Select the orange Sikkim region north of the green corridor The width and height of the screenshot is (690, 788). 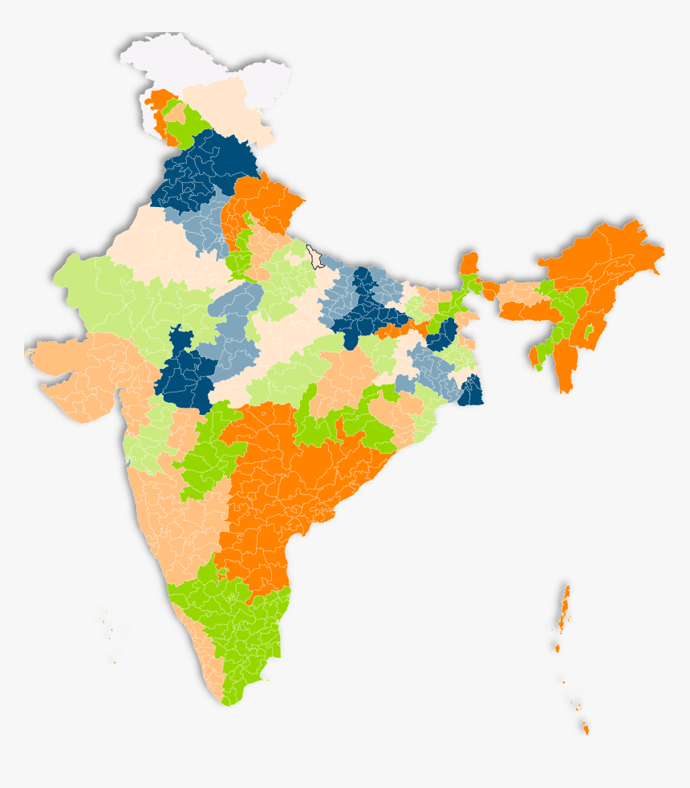coord(469,263)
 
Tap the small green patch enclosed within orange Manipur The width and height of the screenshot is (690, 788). coord(588,331)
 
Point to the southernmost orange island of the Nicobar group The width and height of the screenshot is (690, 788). coord(585,729)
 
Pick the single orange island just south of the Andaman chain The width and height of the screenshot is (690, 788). coord(557,647)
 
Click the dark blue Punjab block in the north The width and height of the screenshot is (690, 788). coord(201,169)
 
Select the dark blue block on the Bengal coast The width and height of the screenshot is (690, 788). coord(471,391)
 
